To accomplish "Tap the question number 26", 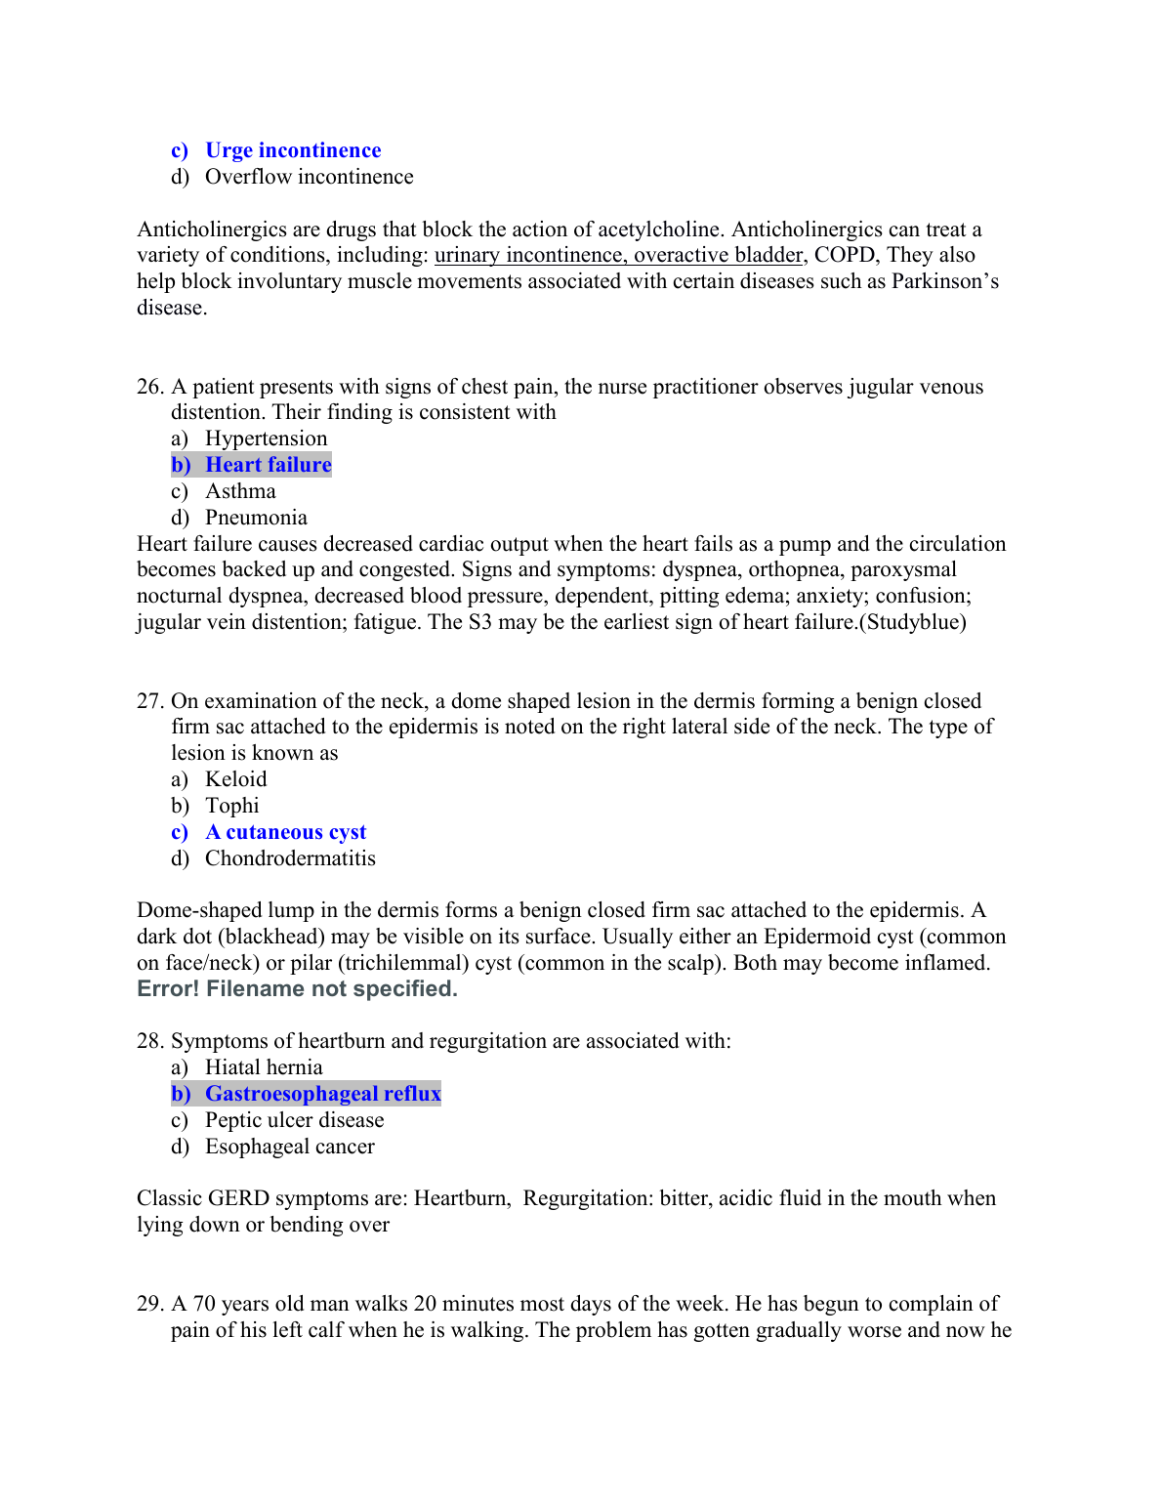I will (x=149, y=387).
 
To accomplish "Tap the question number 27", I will (x=149, y=701).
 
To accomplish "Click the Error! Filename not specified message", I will (x=297, y=989).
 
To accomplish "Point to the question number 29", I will (x=149, y=1304).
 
